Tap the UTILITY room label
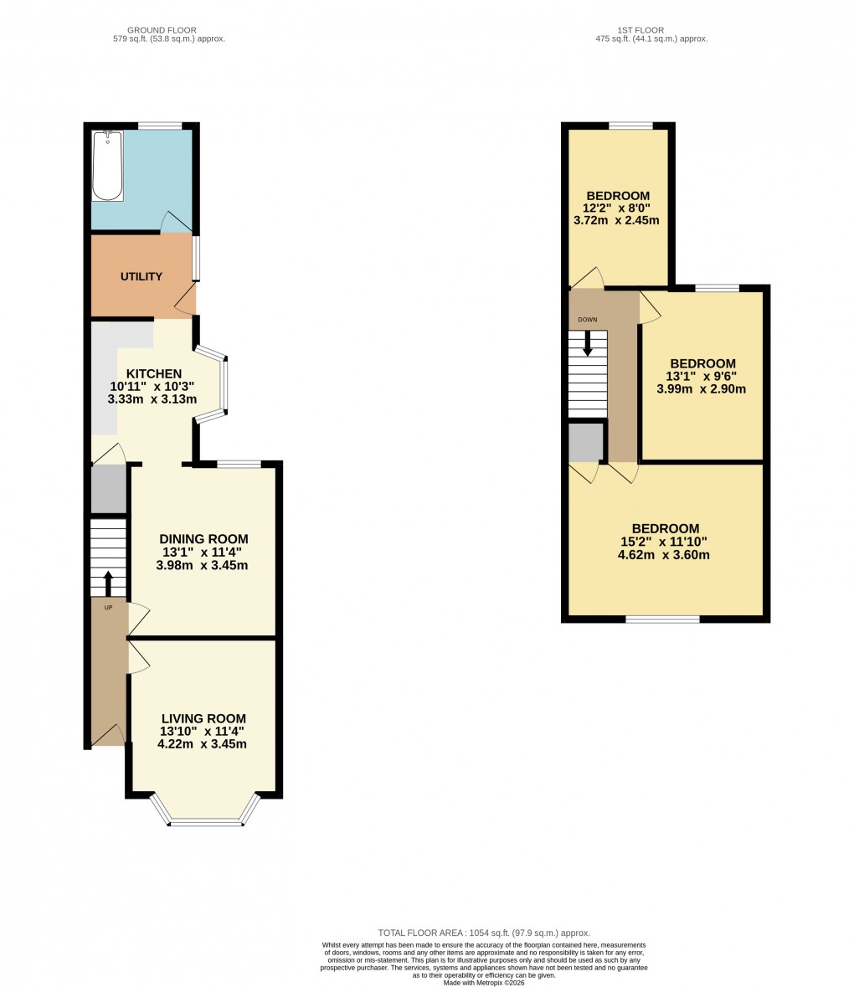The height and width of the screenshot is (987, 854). click(x=141, y=276)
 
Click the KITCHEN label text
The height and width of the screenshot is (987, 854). click(x=154, y=373)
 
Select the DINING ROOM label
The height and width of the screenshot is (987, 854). click(x=204, y=538)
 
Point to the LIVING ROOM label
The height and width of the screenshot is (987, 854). click(x=203, y=718)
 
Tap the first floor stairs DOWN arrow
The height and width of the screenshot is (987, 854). click(x=588, y=342)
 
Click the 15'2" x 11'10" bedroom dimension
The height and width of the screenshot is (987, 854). click(x=666, y=542)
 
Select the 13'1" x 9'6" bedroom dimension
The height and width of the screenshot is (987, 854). click(x=702, y=376)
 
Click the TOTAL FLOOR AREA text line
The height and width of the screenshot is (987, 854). click(x=484, y=933)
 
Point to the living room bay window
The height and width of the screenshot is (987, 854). click(x=205, y=822)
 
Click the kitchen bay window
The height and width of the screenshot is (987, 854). click(x=224, y=384)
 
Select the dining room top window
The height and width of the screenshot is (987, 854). click(x=238, y=464)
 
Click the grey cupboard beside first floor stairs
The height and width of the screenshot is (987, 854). click(x=585, y=442)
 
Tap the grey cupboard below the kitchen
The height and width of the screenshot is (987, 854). click(x=108, y=488)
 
